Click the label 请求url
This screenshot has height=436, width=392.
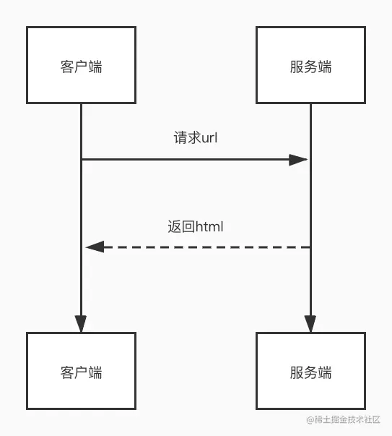click(x=196, y=137)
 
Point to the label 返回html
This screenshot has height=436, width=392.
click(x=196, y=226)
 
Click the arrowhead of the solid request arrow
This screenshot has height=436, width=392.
click(x=298, y=160)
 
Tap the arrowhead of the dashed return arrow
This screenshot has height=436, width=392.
click(x=95, y=247)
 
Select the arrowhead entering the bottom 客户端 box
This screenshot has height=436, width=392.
click(x=81, y=324)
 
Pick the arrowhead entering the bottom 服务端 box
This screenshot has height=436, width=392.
click(x=310, y=324)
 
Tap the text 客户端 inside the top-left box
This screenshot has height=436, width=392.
click(x=81, y=67)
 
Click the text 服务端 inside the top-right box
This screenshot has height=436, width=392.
click(x=310, y=67)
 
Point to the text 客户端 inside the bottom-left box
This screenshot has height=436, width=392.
click(x=81, y=372)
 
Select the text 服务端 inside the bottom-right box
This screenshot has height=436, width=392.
click(x=310, y=372)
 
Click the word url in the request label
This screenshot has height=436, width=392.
click(x=209, y=137)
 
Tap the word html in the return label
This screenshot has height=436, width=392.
click(x=209, y=226)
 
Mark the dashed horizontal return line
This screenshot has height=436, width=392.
click(x=198, y=247)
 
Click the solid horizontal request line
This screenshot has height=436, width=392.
click(x=194, y=160)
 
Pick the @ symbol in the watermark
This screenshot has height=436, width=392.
click(x=310, y=420)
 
